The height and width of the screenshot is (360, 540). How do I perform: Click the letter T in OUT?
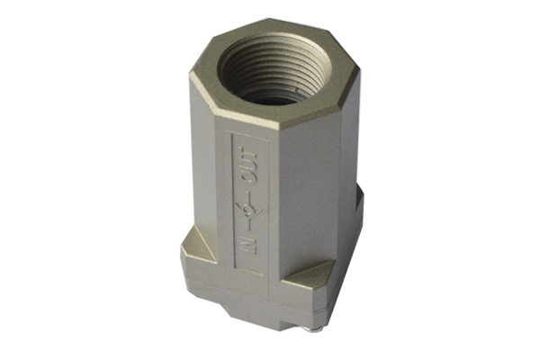pos(248,152)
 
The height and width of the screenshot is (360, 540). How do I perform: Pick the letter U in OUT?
pos(248,166)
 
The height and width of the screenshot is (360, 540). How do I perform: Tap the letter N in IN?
pos(248,248)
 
